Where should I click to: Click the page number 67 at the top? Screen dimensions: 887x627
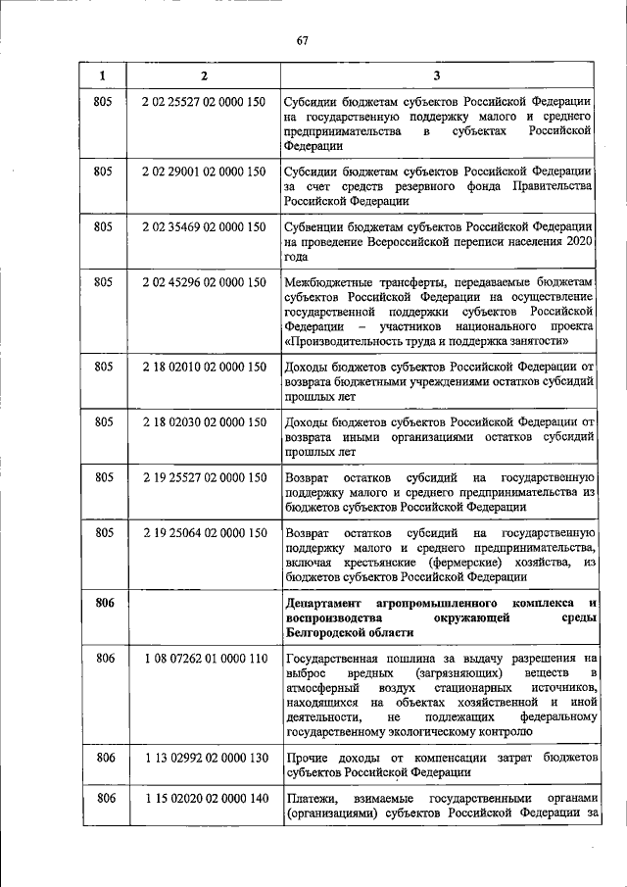point(303,40)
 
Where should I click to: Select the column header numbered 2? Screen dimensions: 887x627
point(203,76)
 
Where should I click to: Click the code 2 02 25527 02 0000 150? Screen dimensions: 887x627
point(204,103)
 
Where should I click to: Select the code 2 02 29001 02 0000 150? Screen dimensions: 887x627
point(204,172)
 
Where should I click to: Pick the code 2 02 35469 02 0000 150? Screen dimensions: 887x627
point(204,227)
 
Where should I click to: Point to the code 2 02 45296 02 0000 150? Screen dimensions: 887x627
point(204,282)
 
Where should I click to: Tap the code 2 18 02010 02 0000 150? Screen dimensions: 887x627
point(204,368)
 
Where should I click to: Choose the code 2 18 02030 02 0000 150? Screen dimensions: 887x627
point(204,422)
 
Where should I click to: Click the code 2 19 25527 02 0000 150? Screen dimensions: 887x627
point(204,477)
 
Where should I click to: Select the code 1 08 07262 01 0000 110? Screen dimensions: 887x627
point(204,661)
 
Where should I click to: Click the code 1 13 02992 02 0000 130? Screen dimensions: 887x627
point(204,758)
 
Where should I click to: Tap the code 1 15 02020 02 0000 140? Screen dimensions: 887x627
point(204,800)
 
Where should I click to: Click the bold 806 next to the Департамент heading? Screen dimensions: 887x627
point(105,602)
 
